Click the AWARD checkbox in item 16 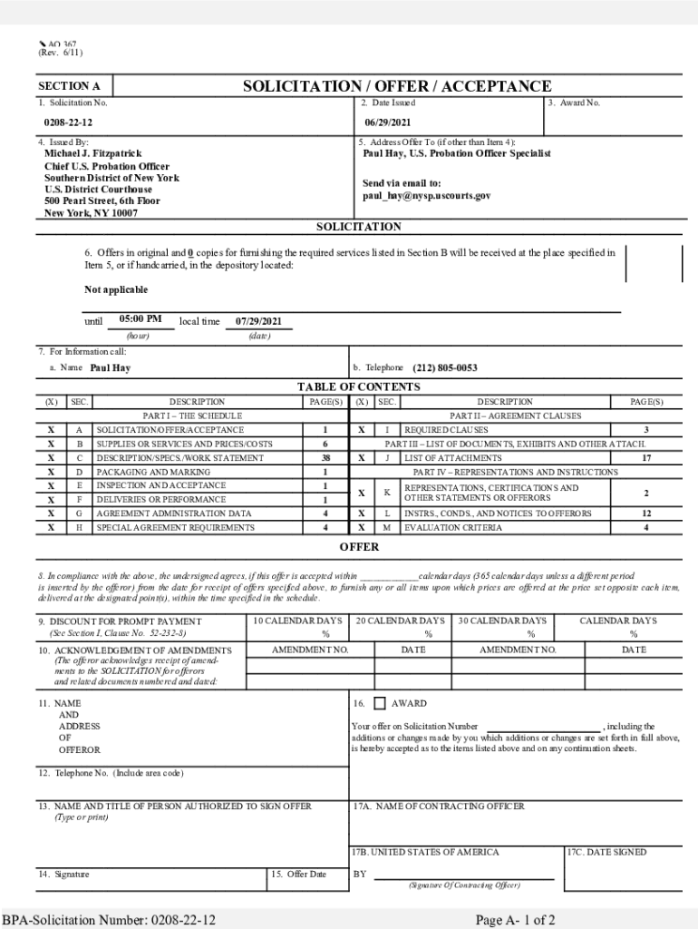[380, 703]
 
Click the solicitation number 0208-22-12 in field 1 [68, 122]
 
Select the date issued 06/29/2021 [388, 122]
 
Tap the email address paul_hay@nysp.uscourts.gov [427, 195]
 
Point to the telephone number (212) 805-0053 [444, 368]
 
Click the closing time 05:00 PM [141, 319]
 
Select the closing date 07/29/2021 [258, 321]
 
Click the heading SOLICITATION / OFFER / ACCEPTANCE [396, 86]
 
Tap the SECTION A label [69, 87]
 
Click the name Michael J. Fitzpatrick [93, 154]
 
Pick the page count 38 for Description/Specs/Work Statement [325, 458]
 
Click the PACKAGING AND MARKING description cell [153, 473]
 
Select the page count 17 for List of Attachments [645, 458]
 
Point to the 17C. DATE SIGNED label [606, 852]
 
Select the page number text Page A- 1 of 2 [515, 920]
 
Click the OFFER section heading [359, 547]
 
